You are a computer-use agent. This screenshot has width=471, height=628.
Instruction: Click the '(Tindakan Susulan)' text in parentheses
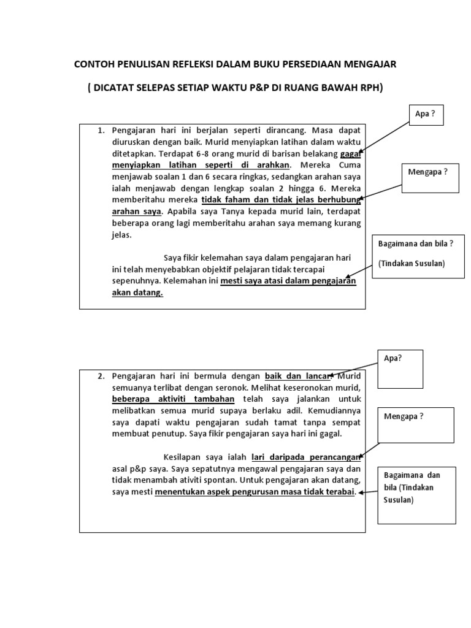pyautogui.click(x=412, y=264)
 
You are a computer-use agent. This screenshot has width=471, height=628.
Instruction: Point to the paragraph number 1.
pyautogui.click(x=101, y=131)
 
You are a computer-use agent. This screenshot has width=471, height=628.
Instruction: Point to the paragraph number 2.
pyautogui.click(x=101, y=376)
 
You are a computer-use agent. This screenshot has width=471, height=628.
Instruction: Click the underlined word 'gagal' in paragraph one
pyautogui.click(x=351, y=154)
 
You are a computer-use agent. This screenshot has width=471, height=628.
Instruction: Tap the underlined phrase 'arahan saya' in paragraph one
pyautogui.click(x=136, y=212)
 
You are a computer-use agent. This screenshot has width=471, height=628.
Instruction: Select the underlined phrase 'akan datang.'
pyautogui.click(x=137, y=293)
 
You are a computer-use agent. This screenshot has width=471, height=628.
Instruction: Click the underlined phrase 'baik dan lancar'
pyautogui.click(x=297, y=376)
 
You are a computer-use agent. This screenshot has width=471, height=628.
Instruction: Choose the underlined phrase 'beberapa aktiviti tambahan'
pyautogui.click(x=173, y=399)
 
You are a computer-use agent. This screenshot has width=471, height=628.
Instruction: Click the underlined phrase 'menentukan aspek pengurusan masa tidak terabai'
pyautogui.click(x=255, y=492)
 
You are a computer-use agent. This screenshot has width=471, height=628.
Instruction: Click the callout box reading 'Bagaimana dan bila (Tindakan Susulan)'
pyautogui.click(x=416, y=496)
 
